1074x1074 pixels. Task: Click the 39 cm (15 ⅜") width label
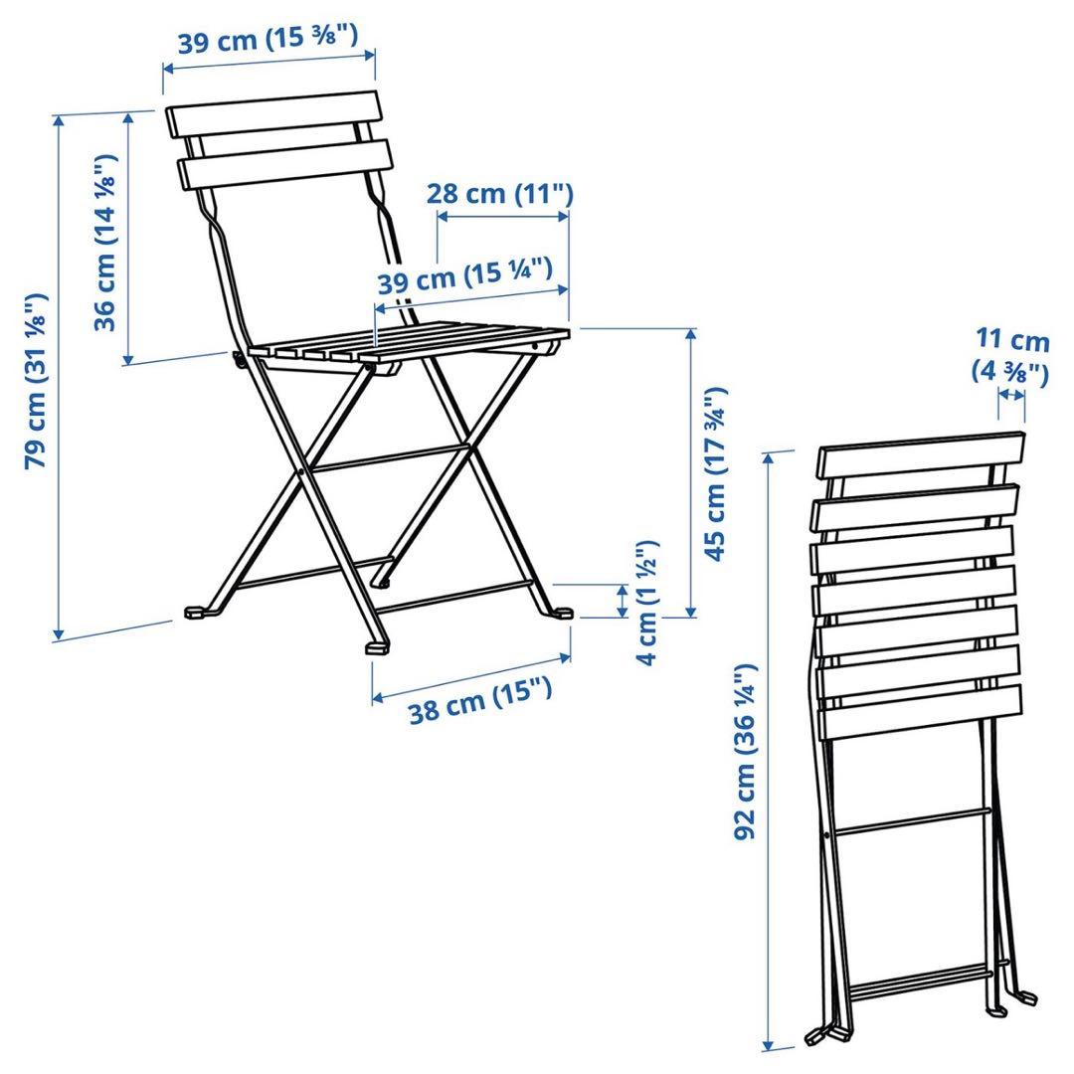tap(267, 43)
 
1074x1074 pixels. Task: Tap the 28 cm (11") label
tap(500, 193)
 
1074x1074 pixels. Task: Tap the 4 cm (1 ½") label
tap(647, 604)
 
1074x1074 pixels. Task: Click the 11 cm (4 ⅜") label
tap(1010, 356)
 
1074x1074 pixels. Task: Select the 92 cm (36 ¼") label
tap(748, 751)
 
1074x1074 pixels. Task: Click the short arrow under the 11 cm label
tap(1011, 395)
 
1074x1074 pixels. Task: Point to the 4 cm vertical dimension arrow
tap(623, 602)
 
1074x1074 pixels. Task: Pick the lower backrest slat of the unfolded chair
tap(284, 164)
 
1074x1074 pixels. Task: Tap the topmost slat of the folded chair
tap(921, 455)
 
